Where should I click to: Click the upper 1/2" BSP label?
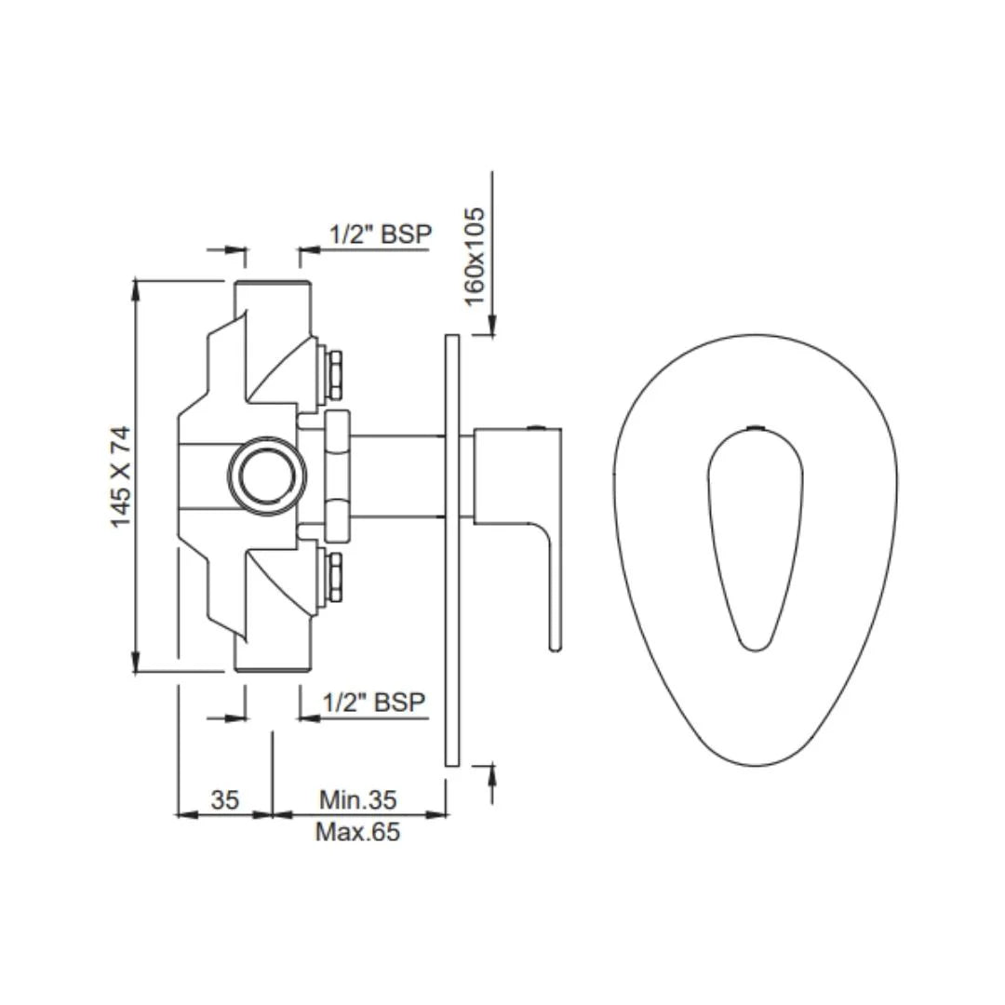[x=381, y=234]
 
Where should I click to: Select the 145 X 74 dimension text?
[x=122, y=476]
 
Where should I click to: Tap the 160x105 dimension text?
[x=475, y=256]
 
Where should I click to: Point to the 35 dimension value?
[x=224, y=799]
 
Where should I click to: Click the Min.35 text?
[x=357, y=799]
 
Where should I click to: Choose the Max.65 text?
[x=357, y=831]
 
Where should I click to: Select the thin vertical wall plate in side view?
[x=452, y=549]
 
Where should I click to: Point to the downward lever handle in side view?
[x=553, y=586]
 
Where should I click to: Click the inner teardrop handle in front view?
[x=754, y=535]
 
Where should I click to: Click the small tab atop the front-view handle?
[x=756, y=429]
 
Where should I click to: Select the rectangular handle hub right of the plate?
[x=502, y=476]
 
